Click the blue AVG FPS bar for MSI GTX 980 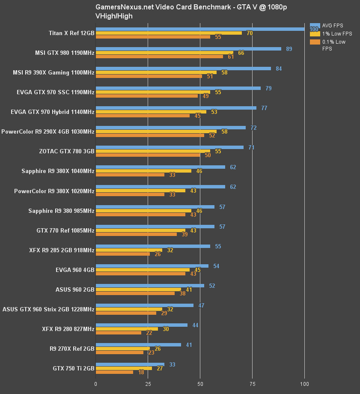click(x=188, y=49)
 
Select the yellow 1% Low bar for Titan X click(x=169, y=33)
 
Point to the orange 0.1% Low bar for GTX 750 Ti click(x=114, y=372)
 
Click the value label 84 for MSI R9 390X click(x=278, y=69)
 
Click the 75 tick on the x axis click(x=252, y=384)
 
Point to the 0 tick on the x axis click(x=95, y=384)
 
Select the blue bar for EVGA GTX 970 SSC click(x=178, y=88)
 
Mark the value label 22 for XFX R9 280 click(x=149, y=333)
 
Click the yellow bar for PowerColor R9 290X click(x=156, y=131)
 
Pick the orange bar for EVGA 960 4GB click(x=140, y=274)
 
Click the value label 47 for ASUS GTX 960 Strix click(x=201, y=305)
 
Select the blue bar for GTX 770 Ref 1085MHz click(x=155, y=227)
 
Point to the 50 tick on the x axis click(x=200, y=384)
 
